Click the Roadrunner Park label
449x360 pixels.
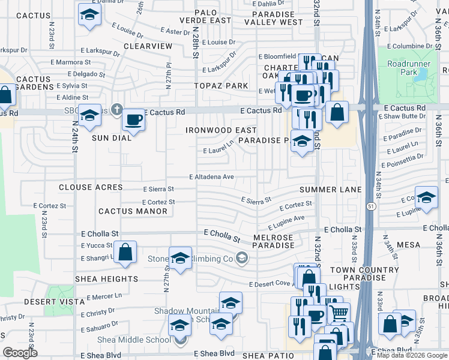[x=402, y=67]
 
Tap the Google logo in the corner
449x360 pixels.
[x=20, y=353]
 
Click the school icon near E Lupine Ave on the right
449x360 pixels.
[x=426, y=199]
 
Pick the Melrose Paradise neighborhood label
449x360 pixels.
[x=273, y=242]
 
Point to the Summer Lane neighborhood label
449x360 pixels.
[x=330, y=190]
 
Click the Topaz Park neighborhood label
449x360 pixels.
[x=221, y=86]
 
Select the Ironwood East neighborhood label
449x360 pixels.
[x=221, y=130]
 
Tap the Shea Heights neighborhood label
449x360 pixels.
[x=106, y=279]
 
